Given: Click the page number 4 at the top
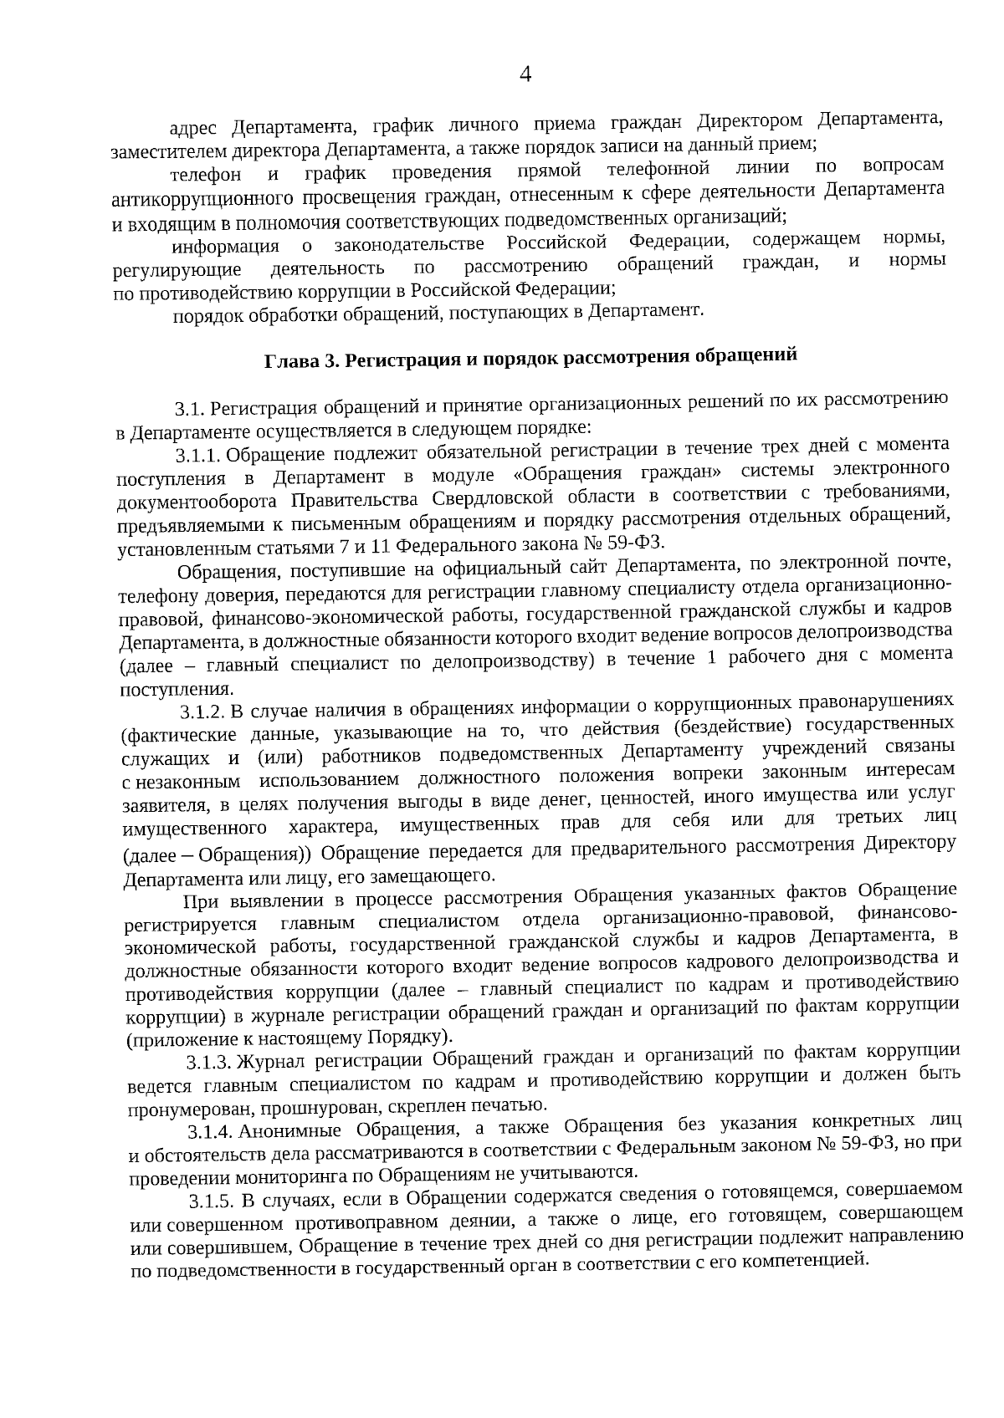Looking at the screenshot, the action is click(x=525, y=75).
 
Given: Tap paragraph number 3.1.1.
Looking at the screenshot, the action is click(x=197, y=456).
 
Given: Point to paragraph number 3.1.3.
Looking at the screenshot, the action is click(x=208, y=1063).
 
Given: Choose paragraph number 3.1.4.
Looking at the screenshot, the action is click(x=211, y=1133).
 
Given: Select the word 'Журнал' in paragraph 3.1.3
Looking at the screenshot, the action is click(x=268, y=1063).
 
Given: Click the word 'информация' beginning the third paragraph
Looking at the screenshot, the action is click(x=225, y=247).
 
